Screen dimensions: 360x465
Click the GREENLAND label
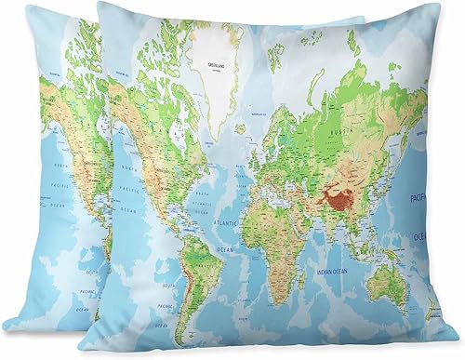[216, 64]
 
